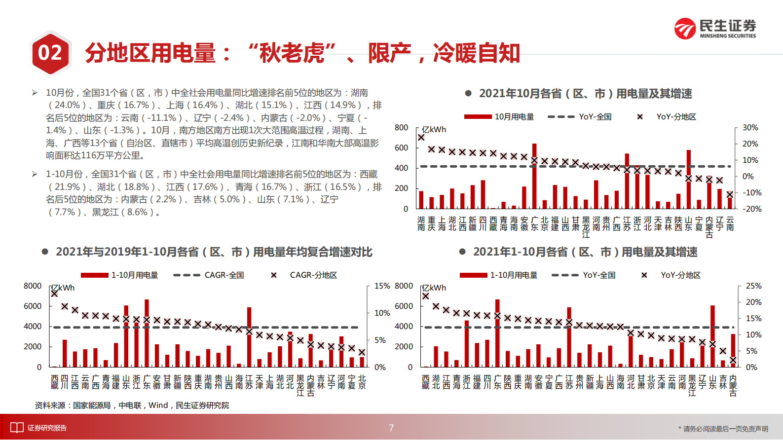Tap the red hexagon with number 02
click(50, 53)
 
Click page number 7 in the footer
click(391, 428)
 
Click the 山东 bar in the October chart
click(689, 180)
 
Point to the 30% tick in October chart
click(750, 128)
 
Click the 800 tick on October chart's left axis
click(401, 128)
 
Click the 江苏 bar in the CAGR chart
click(249, 337)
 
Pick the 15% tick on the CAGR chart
click(382, 286)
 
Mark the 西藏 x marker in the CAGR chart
click(54, 293)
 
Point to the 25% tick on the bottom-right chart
click(753, 286)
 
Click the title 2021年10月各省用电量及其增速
click(585, 94)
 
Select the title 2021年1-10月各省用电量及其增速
click(585, 252)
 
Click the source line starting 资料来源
click(132, 405)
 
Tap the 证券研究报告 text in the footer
click(47, 428)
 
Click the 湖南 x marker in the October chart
click(421, 138)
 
